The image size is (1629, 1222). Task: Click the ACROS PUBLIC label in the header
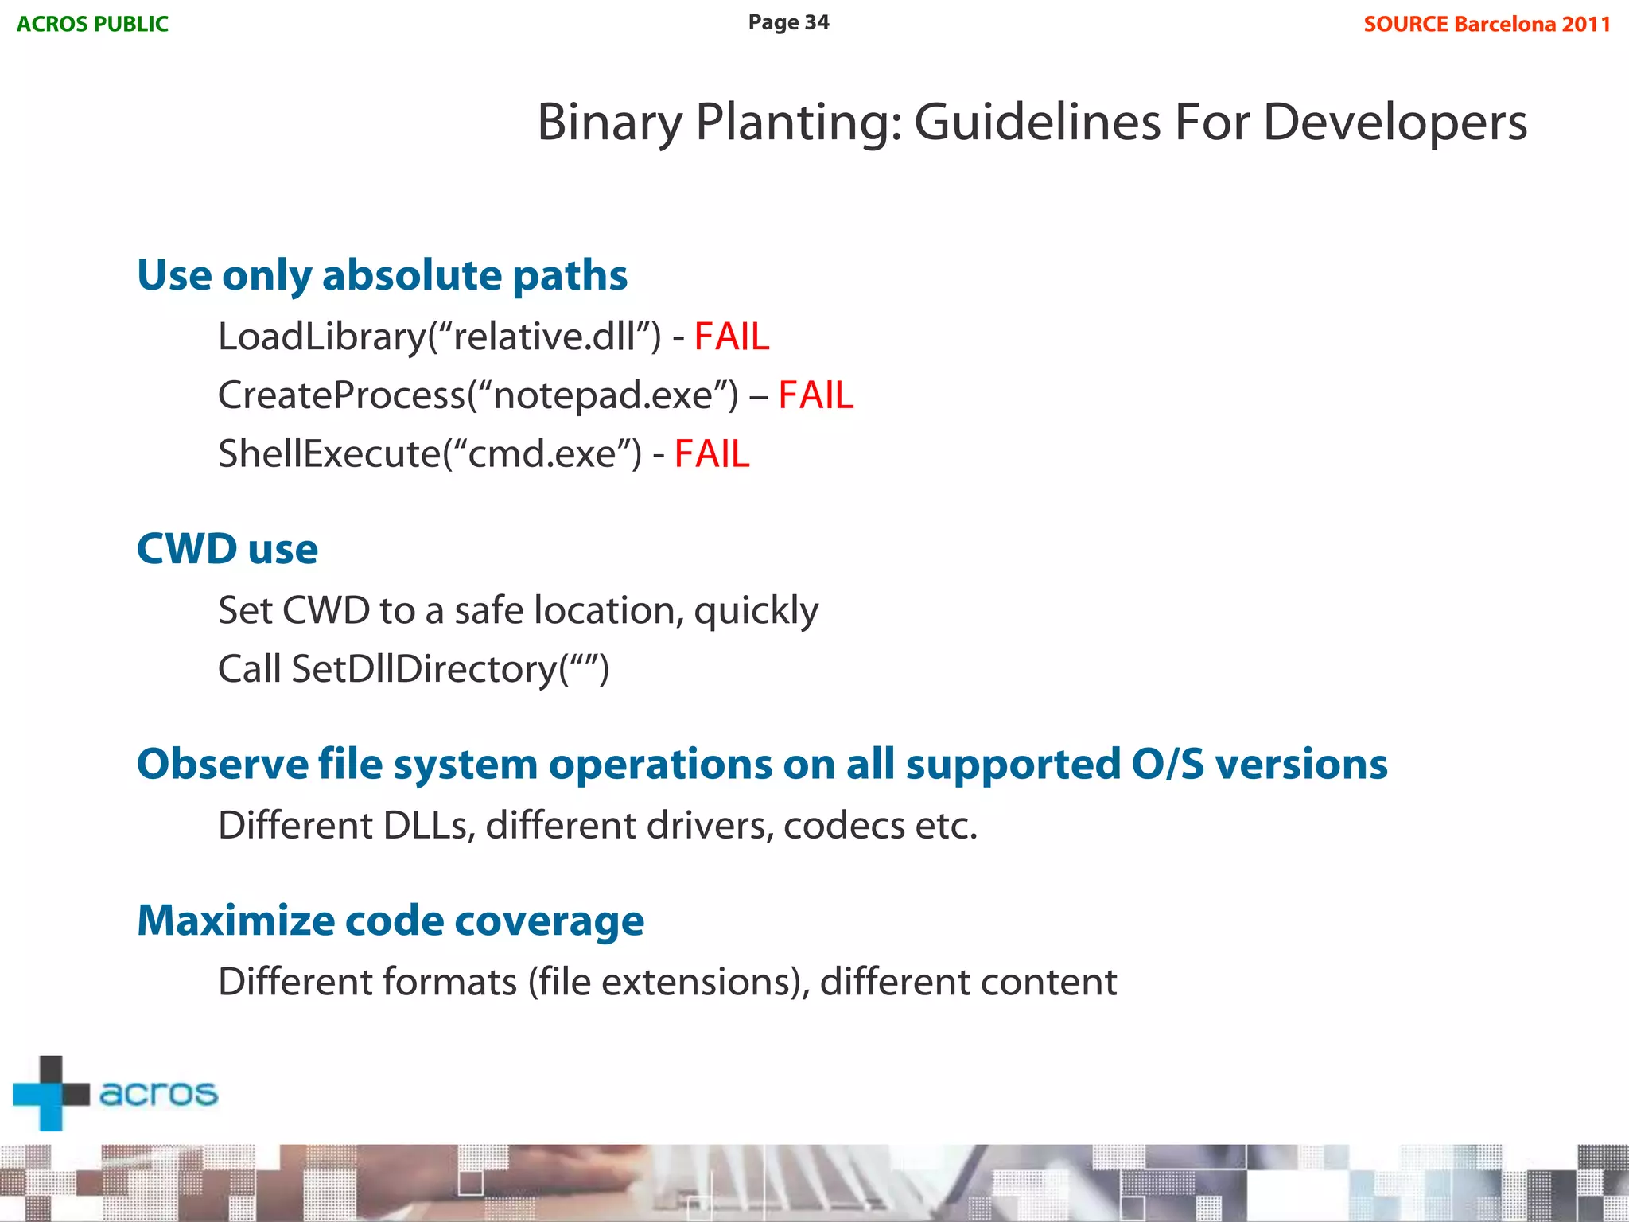coord(92,24)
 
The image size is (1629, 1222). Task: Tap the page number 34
coord(816,22)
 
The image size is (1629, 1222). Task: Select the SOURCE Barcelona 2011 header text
coord(1487,24)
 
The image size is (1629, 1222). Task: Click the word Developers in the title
coord(1394,123)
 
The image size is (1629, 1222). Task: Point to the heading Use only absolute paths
coord(382,275)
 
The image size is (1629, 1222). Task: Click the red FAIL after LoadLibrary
coord(731,337)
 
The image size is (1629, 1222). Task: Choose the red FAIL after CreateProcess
coord(815,395)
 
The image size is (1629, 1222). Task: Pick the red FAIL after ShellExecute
coord(711,454)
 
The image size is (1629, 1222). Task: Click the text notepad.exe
coord(603,395)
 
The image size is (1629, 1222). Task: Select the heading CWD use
coord(227,549)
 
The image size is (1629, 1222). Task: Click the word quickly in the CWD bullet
coord(756,611)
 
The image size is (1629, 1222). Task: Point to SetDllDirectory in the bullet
coord(424,669)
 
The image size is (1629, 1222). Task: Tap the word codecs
coord(843,826)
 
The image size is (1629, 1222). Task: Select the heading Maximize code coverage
coord(390,920)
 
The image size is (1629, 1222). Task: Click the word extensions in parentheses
coord(699,982)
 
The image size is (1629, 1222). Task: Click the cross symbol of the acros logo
coord(51,1093)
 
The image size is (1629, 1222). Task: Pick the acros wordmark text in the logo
coord(158,1093)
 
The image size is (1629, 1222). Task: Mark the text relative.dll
coord(545,337)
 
